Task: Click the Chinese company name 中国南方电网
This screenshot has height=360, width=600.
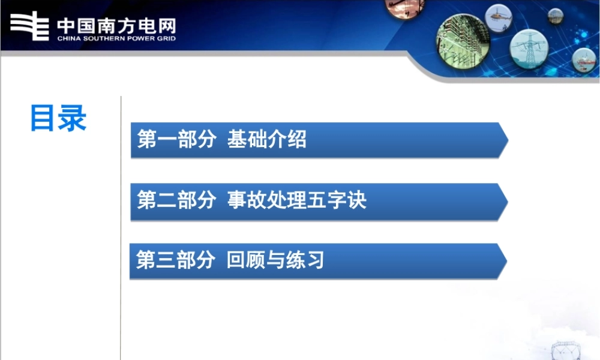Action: [x=116, y=26]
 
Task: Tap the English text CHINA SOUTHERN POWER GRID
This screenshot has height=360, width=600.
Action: [x=116, y=39]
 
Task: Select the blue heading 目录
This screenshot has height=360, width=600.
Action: [x=58, y=118]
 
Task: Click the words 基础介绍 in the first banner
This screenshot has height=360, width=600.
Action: [x=267, y=140]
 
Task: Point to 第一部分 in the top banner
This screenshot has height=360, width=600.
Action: [x=176, y=140]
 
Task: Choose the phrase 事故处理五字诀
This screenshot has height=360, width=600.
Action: [x=297, y=200]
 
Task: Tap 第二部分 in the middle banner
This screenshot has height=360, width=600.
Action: [x=176, y=200]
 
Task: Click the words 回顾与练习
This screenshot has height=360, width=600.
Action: [x=275, y=260]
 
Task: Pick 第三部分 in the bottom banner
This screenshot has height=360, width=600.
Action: [x=175, y=260]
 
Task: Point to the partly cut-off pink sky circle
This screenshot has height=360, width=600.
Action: [x=405, y=7]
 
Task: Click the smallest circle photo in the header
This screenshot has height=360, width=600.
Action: [x=556, y=14]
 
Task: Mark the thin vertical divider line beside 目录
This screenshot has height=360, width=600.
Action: [x=121, y=228]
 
